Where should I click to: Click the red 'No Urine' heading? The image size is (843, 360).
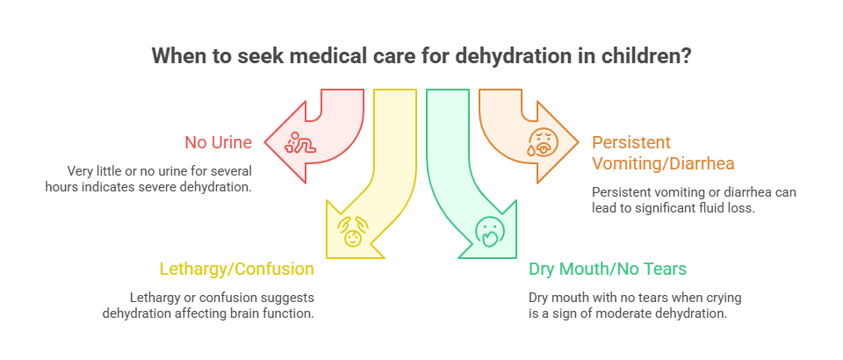pyautogui.click(x=219, y=141)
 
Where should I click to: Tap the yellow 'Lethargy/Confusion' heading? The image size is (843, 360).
pyautogui.click(x=235, y=269)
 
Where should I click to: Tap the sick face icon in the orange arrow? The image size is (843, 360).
pyautogui.click(x=541, y=140)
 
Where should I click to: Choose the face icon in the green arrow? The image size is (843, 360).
pyautogui.click(x=488, y=231)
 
